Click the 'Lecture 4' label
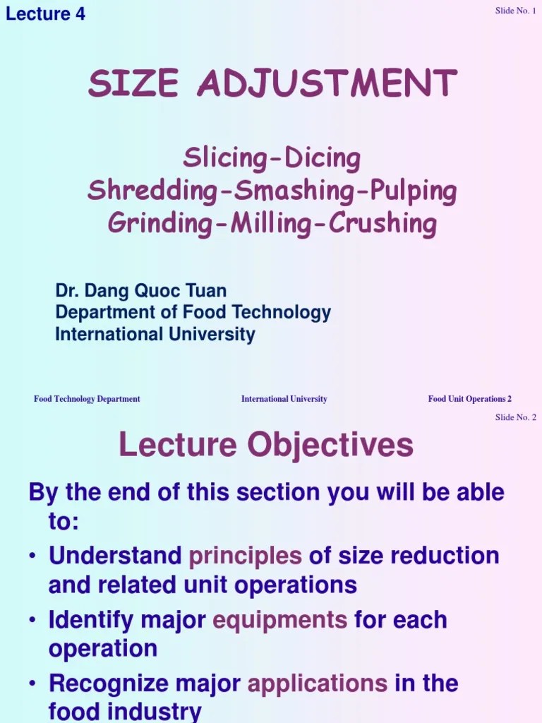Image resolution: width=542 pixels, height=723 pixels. [45, 13]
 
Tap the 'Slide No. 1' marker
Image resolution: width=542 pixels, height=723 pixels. [515, 11]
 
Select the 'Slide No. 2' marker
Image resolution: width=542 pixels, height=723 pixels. [515, 417]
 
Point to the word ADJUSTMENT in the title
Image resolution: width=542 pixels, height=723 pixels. [327, 84]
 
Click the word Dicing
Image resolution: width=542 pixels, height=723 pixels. [323, 159]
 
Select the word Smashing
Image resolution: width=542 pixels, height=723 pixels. [283, 191]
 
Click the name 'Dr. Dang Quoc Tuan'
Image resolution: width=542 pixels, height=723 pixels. [141, 290]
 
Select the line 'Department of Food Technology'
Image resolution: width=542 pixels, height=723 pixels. [193, 312]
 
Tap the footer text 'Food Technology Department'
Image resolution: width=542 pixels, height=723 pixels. [87, 399]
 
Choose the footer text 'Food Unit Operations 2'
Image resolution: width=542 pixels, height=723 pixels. [469, 399]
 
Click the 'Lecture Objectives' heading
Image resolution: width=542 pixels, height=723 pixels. [266, 445]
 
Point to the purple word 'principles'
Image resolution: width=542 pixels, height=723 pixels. [245, 556]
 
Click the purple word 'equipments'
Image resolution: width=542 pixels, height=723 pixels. [279, 620]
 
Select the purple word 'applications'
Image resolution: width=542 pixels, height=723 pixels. [318, 683]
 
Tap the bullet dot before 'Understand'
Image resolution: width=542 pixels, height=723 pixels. [33, 556]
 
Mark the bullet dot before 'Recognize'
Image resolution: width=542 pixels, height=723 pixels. [33, 683]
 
